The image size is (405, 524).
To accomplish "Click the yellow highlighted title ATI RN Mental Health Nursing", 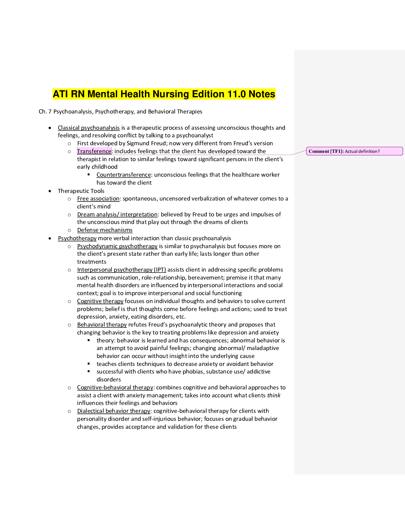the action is (164, 94).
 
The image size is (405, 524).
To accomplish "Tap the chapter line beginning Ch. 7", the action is (120, 112).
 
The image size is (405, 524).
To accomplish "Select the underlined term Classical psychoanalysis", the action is (89, 128).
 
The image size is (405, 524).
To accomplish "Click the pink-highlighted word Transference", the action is (94, 151).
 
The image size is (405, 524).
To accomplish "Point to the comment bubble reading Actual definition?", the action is (354, 151).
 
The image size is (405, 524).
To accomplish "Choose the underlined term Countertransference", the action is (124, 175).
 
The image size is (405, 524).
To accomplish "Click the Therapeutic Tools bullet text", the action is (81, 191).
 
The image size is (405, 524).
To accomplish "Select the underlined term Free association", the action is (98, 198).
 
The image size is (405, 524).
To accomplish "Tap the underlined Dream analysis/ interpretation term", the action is (117, 214).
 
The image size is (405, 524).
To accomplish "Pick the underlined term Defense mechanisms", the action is (105, 230).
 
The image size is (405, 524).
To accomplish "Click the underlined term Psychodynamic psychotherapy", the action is (117, 246).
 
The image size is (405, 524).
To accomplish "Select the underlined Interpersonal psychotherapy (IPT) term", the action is (121, 270).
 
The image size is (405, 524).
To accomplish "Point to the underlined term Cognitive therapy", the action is (100, 301).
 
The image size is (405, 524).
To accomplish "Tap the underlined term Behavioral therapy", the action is (102, 325).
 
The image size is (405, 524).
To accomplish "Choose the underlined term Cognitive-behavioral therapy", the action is (115, 387).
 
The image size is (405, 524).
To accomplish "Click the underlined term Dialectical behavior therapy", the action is (113, 411).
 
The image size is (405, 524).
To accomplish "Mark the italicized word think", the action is (274, 395).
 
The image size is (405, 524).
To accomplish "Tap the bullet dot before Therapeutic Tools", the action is (50, 191).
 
